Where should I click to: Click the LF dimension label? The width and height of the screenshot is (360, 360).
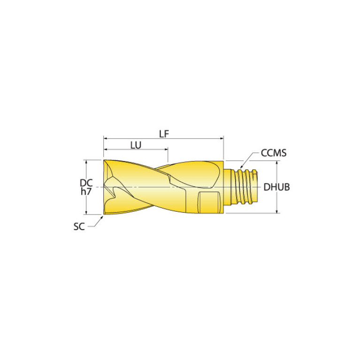164,134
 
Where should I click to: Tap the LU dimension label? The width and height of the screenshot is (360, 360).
136,145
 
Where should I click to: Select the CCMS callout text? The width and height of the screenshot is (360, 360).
274,153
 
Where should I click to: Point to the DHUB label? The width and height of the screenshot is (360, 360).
276,187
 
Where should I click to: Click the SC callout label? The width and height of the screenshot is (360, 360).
79,227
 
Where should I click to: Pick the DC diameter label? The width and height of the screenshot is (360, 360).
86,183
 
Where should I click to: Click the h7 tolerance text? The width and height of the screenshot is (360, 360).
86,191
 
